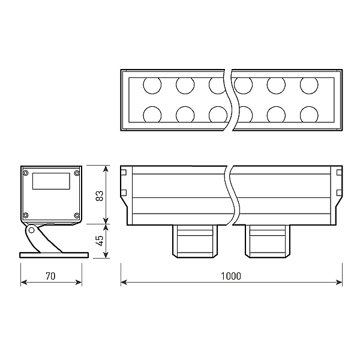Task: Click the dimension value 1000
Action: [x=231, y=276]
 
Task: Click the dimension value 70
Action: [x=50, y=276]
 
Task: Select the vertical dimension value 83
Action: [x=100, y=196]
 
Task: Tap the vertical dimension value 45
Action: [x=100, y=241]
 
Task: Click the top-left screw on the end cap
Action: [x=26, y=173]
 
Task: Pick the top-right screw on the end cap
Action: [x=77, y=173]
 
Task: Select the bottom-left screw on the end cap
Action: [x=26, y=215]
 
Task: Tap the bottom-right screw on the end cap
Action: [x=77, y=215]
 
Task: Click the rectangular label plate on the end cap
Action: [x=51, y=181]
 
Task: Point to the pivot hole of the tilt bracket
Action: [x=31, y=230]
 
